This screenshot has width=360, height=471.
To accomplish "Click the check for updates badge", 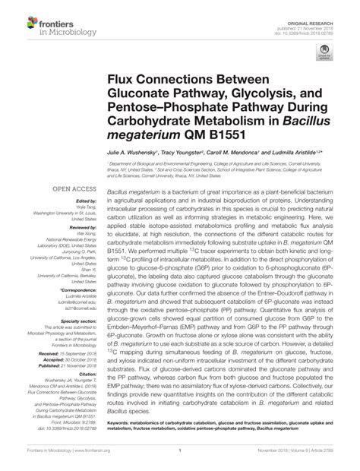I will click(x=326, y=54).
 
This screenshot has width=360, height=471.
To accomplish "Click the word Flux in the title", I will click(x=123, y=78).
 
